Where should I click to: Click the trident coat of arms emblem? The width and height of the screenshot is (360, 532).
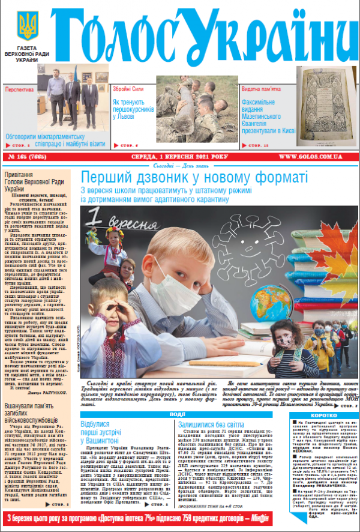click(x=26, y=26)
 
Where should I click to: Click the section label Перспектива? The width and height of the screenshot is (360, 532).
click(x=20, y=89)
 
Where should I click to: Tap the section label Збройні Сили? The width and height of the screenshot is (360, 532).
click(x=128, y=88)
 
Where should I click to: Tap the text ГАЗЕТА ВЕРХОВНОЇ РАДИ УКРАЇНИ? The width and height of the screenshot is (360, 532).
click(x=27, y=53)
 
